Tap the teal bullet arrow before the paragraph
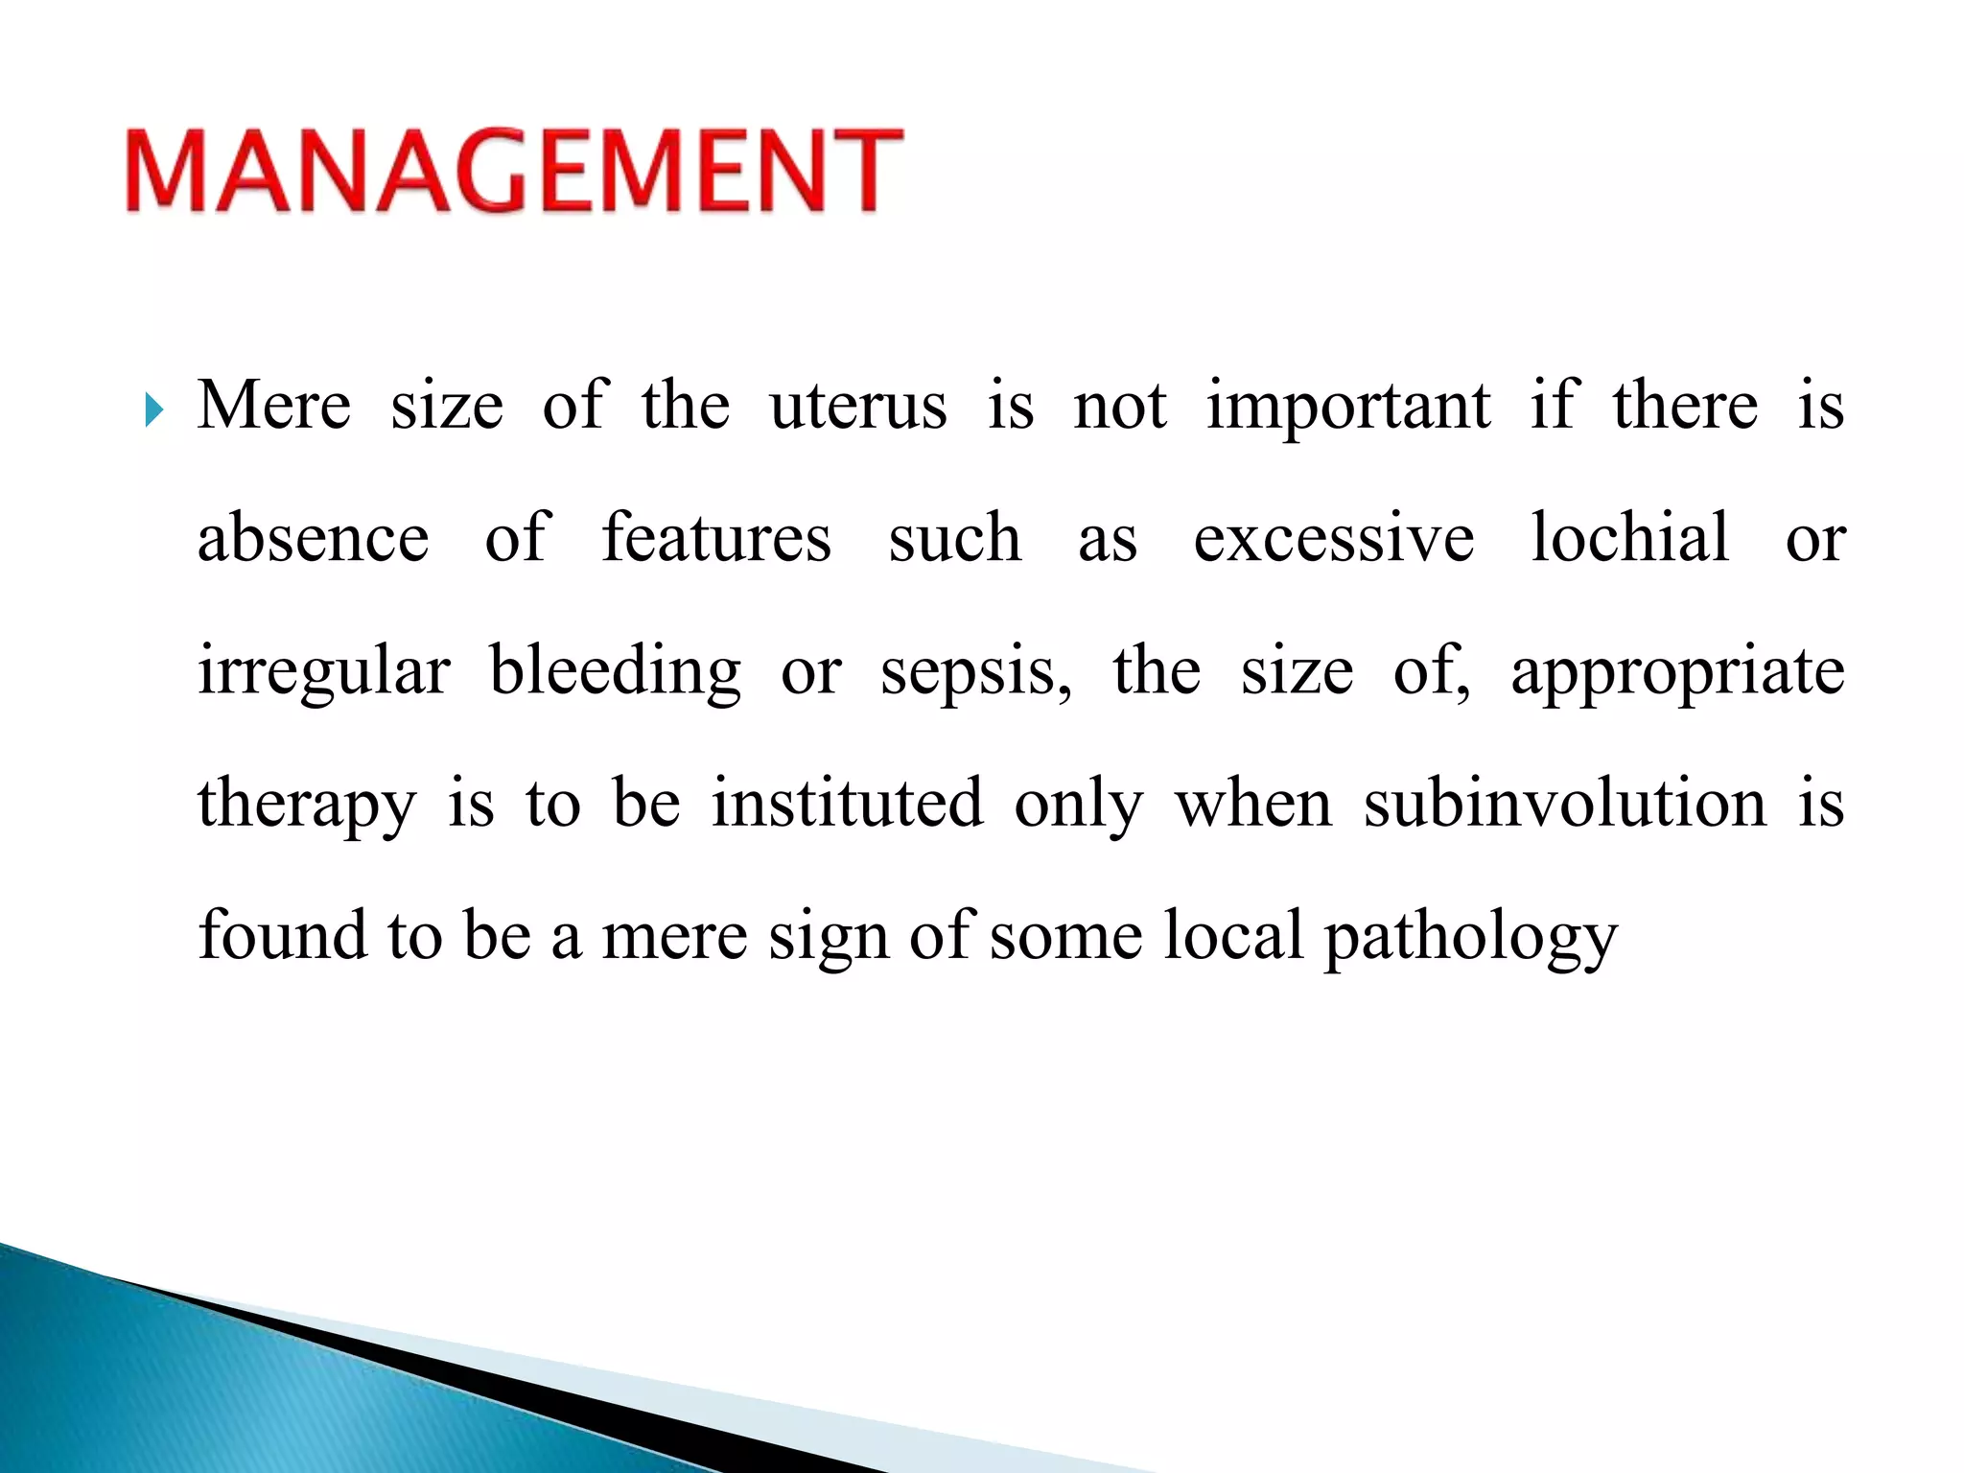click(154, 410)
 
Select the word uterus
click(858, 407)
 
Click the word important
click(1348, 407)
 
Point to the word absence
click(313, 539)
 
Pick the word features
click(715, 539)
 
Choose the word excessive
click(1333, 539)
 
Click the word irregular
click(323, 671)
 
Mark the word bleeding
click(615, 671)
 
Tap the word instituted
click(847, 804)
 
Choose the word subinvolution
click(1565, 804)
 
